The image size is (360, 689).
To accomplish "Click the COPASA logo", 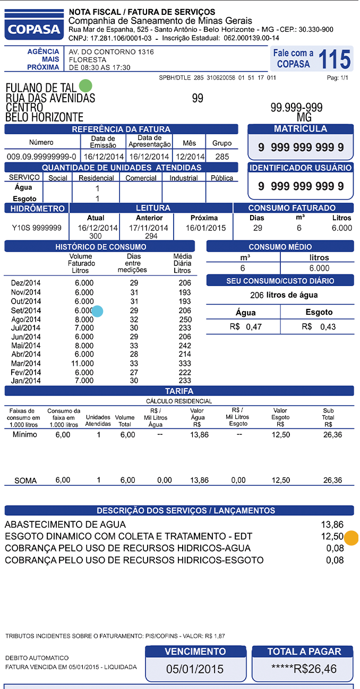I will click(x=33, y=24).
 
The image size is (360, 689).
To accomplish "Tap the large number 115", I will click(x=335, y=59).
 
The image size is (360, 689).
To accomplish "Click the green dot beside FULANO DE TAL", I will click(x=85, y=85).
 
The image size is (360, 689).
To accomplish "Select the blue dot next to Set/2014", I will click(x=98, y=311).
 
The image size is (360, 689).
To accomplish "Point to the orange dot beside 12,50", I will click(x=351, y=537).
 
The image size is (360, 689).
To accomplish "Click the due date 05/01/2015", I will click(x=195, y=668).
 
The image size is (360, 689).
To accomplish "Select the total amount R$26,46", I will click(x=303, y=668).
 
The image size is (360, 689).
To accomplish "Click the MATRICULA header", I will click(x=300, y=129).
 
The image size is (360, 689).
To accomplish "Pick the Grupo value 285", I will click(x=222, y=157).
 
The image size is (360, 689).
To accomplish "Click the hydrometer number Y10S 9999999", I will click(x=37, y=228).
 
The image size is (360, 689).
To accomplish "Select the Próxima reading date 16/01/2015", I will click(x=205, y=228).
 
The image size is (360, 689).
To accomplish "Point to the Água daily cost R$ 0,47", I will click(x=246, y=326).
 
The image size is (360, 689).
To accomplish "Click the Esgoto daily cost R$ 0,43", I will click(x=319, y=326).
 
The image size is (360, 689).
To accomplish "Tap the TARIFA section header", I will click(x=179, y=391).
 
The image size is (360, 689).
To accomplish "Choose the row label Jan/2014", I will click(x=25, y=381).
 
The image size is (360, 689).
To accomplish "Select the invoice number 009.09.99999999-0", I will click(x=41, y=157).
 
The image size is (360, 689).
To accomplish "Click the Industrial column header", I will click(x=183, y=178).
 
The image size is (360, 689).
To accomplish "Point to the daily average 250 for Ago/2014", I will click(x=185, y=320).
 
